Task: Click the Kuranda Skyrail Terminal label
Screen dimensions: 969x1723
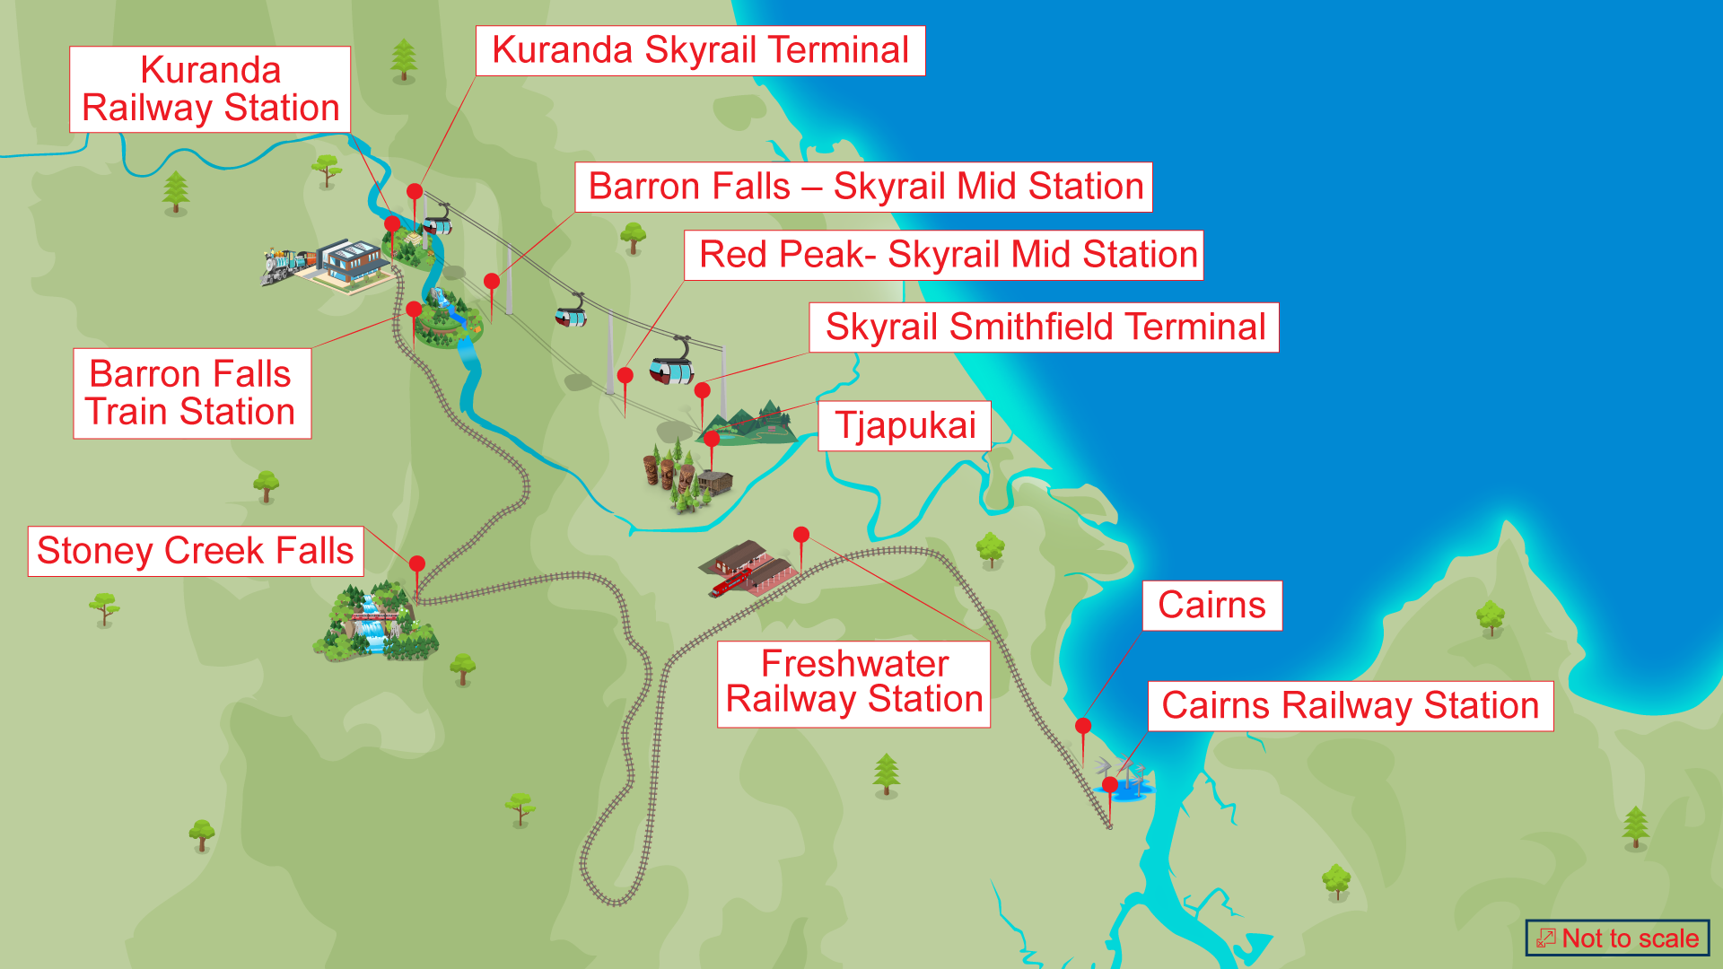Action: tap(700, 50)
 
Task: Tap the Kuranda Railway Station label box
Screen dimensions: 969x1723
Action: tap(210, 89)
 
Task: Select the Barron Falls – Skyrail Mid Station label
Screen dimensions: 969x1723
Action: tap(864, 187)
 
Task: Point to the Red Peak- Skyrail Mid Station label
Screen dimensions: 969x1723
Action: tap(944, 255)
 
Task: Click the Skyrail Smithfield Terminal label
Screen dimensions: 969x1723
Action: tap(1044, 327)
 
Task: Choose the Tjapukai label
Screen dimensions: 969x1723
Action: tap(905, 425)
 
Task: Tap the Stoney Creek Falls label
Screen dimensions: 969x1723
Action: tap(196, 551)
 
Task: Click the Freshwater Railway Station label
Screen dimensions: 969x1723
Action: tap(853, 683)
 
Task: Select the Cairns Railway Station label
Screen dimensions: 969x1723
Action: tap(1350, 705)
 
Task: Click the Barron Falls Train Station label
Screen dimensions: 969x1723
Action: tap(191, 393)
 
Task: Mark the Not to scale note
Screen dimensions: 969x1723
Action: tap(1618, 938)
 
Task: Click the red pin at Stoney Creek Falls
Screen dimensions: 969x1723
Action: tap(417, 564)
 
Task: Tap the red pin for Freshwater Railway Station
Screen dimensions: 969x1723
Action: tap(801, 536)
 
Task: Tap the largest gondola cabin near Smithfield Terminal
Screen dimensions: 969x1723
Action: tap(672, 368)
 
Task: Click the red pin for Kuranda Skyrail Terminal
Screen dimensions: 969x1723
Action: tap(415, 192)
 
